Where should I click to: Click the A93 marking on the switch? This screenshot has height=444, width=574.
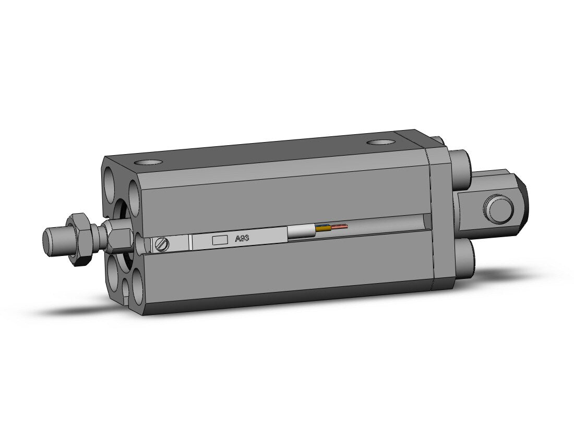point(242,239)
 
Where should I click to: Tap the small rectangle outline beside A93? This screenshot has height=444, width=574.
point(220,240)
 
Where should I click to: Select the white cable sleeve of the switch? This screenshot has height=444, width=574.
point(301,232)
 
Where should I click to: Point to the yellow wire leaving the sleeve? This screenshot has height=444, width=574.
point(324,229)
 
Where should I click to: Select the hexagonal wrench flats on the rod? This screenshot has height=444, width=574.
point(119,239)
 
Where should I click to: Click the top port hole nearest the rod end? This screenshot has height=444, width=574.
point(148,162)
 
